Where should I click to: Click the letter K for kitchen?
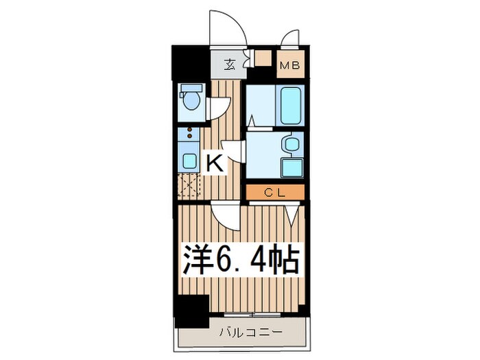(x=215, y=163)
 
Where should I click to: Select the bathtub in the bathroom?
(x=290, y=104)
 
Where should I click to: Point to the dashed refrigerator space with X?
(x=188, y=185)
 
